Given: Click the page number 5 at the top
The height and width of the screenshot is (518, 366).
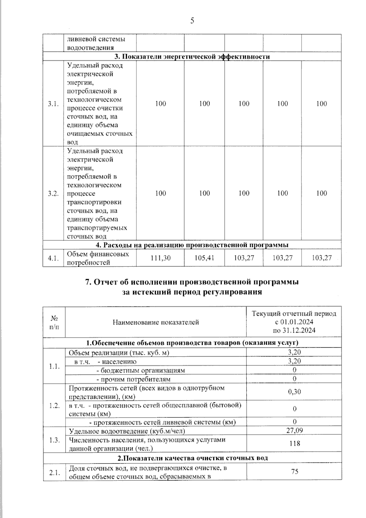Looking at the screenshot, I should tap(192, 21).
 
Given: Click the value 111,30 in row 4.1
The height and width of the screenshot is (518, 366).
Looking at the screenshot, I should tap(160, 258).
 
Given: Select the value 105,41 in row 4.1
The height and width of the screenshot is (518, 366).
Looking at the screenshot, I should tap(204, 258).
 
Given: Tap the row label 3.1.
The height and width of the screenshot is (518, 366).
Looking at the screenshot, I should tap(53, 104).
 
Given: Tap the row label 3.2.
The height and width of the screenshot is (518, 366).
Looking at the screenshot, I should tap(53, 193).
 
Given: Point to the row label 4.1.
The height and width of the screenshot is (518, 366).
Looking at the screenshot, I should tap(53, 258).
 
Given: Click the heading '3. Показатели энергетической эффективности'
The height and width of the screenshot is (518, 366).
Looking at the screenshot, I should tap(192, 57).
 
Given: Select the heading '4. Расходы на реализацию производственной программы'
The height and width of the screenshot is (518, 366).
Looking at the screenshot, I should tap(192, 245).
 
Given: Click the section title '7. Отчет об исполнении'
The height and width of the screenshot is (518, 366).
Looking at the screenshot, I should tap(192, 282).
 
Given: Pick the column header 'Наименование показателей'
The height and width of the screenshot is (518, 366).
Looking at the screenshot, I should tap(156, 322).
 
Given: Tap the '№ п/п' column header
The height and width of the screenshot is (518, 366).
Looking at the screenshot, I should tap(54, 322).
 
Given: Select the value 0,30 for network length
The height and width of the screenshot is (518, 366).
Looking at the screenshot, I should tap(294, 392).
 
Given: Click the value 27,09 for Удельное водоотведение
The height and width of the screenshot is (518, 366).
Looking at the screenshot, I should tap(294, 430).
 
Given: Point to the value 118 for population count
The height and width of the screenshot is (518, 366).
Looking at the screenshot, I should tap(294, 444).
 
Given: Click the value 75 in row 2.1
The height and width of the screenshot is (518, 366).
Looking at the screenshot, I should tap(294, 472).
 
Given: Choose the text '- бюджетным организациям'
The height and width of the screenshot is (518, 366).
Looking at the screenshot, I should tap(141, 370).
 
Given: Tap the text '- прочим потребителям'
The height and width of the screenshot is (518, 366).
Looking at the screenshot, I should tap(133, 379).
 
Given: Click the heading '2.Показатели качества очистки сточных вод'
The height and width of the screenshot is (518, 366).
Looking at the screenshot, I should tap(192, 458).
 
